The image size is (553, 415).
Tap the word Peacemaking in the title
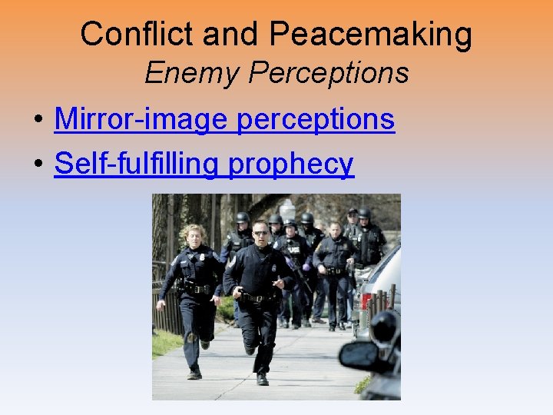point(371,35)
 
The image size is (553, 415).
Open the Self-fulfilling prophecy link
point(204,164)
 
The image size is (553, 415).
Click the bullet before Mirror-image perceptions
point(37,121)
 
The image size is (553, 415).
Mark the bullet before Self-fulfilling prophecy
point(37,165)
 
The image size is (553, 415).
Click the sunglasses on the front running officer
point(260,232)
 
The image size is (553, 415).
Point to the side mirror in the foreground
point(359,356)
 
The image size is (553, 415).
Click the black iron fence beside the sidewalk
point(167,307)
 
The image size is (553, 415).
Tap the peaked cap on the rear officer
point(353,211)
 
